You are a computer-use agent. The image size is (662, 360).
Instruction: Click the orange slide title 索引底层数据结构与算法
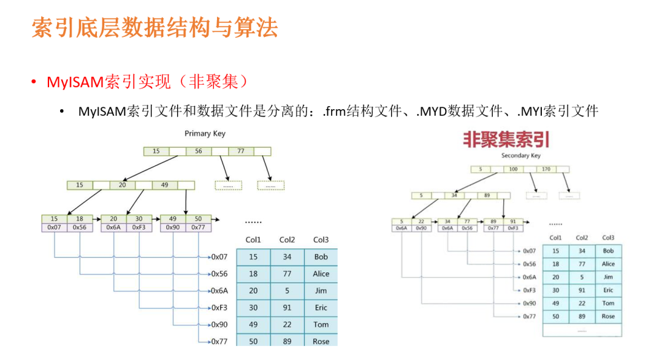154,28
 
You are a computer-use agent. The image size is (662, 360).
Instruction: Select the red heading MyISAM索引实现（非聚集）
147,82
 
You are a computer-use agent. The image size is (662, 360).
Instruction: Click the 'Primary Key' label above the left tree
205,134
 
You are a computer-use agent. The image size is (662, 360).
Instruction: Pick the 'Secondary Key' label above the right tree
521,156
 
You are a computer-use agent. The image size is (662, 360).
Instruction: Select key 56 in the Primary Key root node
198,151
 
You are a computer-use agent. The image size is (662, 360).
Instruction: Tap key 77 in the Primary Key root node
240,151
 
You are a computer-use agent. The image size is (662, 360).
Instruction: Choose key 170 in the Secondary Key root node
546,169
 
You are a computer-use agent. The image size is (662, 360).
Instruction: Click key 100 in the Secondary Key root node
513,169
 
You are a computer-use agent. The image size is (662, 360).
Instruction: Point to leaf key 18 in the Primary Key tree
80,219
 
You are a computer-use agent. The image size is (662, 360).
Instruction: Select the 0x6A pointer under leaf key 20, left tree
113,228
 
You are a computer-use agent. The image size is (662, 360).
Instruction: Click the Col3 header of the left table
321,240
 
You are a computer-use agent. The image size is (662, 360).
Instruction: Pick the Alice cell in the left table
321,274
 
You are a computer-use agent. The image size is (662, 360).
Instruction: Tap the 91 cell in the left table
287,308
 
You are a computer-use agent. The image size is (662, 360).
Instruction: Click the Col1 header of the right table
555,238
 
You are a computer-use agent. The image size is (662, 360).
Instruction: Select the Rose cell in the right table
608,316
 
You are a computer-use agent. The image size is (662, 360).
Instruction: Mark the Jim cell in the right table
608,277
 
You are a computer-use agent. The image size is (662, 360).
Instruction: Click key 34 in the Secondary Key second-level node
454,196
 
